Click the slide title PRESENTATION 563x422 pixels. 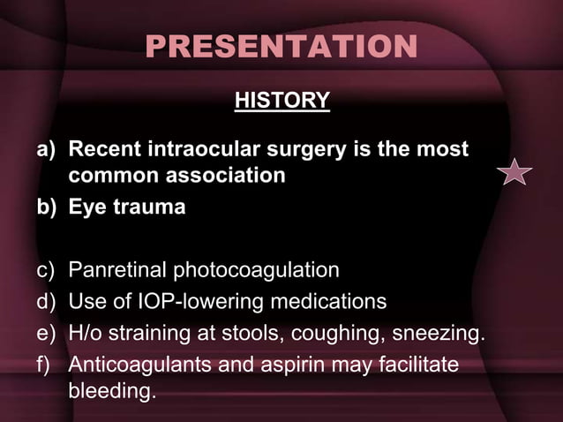281,48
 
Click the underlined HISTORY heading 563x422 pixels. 281,102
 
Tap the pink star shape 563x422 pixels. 514,172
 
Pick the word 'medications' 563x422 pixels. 331,302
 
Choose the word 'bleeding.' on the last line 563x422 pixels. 112,389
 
